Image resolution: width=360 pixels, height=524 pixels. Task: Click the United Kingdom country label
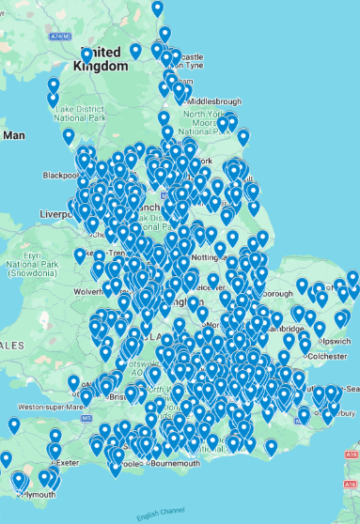[x=103, y=59]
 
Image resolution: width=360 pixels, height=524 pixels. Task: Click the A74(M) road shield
[x=59, y=36]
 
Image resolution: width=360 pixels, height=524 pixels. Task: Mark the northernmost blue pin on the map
[x=157, y=8]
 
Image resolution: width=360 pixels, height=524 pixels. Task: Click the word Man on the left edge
[x=13, y=135]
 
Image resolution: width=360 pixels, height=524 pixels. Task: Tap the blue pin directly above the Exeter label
[x=55, y=438]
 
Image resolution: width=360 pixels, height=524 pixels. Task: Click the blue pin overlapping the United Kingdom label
[x=87, y=55]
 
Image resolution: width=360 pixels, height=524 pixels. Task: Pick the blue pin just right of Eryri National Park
[x=80, y=254]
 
